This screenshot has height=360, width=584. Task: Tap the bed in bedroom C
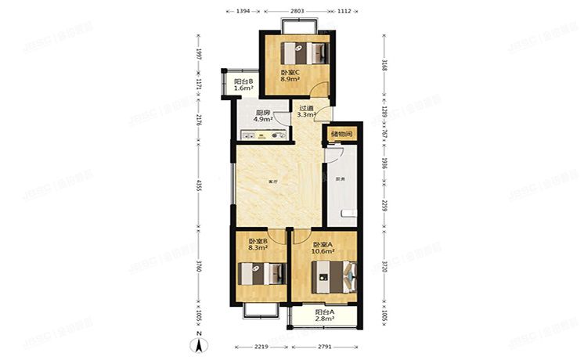301,52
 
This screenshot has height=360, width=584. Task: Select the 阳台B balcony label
243,81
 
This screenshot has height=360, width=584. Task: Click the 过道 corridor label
305,108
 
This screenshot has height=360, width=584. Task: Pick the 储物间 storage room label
342,134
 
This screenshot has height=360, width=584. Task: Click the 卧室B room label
258,241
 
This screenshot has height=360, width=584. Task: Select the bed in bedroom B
261,274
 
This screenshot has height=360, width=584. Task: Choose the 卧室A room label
323,243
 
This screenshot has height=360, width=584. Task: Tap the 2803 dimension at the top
296,12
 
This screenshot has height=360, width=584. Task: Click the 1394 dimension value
243,12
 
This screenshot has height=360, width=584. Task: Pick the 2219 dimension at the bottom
261,346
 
